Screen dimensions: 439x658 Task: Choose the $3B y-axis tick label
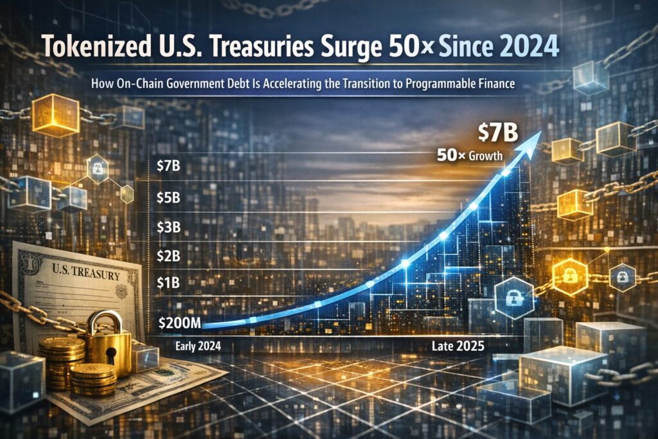pos(168,227)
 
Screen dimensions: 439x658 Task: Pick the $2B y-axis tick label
pos(168,256)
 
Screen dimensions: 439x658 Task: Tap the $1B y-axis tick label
pos(168,282)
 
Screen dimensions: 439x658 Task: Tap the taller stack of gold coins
pos(62,361)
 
